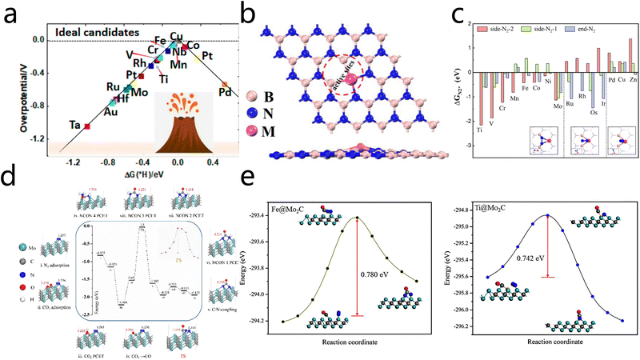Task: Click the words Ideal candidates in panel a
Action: click(97, 32)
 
